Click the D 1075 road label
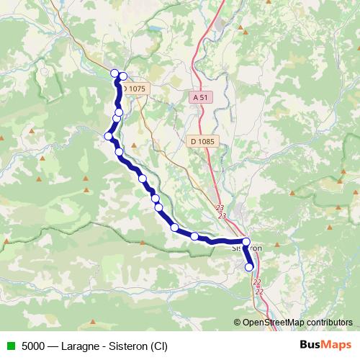[134, 89]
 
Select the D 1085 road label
[204, 141]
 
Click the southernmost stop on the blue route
[250, 267]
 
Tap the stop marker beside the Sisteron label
[246, 243]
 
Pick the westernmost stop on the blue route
[109, 136]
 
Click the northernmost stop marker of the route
[114, 73]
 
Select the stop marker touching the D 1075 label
[123, 76]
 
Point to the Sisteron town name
[248, 248]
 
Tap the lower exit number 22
[258, 291]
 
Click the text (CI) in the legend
[159, 346]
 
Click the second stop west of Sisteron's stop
[175, 228]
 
